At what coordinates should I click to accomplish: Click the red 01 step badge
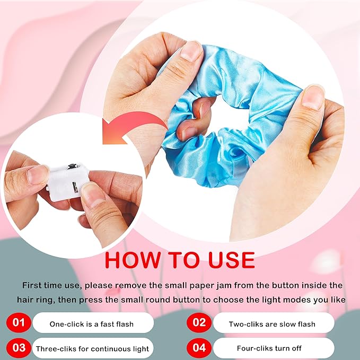(19, 322)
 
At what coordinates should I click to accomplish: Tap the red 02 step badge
(199, 322)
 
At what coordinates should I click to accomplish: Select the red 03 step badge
(19, 348)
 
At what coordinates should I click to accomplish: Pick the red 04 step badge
(199, 348)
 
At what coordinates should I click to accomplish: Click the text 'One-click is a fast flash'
(91, 324)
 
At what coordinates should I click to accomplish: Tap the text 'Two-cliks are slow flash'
(272, 324)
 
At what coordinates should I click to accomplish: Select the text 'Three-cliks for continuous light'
(92, 349)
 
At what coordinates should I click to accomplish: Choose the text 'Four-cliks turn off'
(269, 348)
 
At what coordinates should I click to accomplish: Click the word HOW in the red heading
(133, 260)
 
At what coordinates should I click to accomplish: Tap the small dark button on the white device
(72, 166)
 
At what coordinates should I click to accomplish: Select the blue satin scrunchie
(230, 115)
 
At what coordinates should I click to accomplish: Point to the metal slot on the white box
(75, 185)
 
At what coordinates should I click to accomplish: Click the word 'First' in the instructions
(31, 285)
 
